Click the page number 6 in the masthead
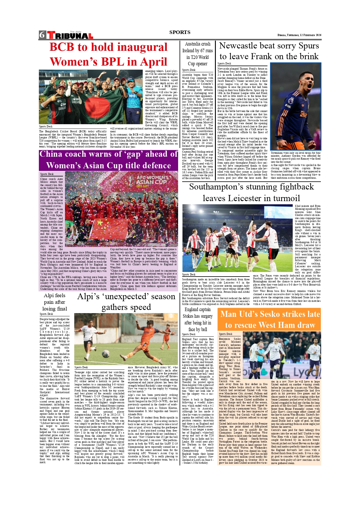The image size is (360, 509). coord(42,35)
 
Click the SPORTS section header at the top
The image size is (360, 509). coord(180,32)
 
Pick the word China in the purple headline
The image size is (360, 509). coord(51,154)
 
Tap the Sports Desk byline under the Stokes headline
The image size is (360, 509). coord(189,334)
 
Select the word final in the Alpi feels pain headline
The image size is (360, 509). coord(62,309)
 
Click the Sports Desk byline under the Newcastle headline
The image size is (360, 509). coord(224,64)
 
